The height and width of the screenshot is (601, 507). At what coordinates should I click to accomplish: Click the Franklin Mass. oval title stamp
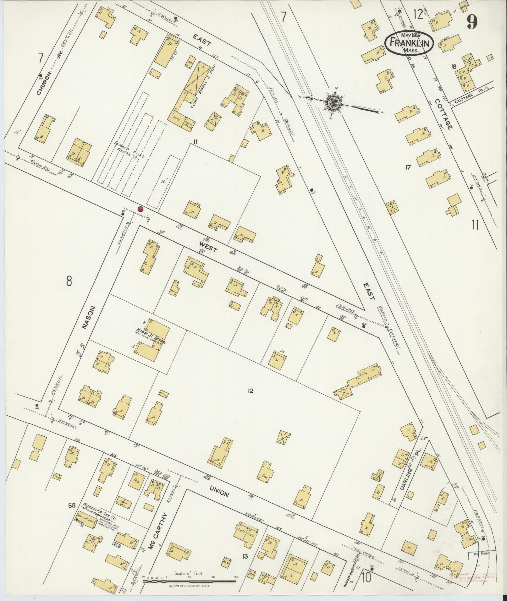[409, 44]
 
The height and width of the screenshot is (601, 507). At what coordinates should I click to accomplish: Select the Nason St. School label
[151, 336]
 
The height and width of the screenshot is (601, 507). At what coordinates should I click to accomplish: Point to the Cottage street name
[444, 114]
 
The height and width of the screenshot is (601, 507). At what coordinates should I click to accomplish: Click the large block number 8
[69, 281]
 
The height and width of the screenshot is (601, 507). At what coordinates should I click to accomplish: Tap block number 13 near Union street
[245, 557]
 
